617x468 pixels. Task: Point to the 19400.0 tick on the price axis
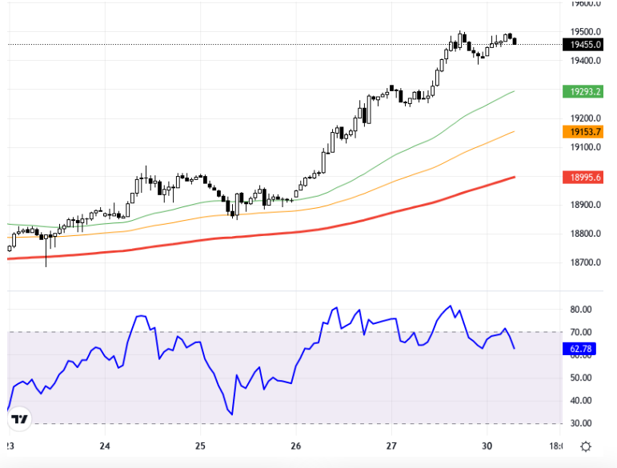pos(587,61)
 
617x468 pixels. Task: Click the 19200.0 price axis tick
pos(587,118)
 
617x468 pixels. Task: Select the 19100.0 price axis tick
pos(587,147)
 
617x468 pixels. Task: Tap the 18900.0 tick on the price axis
pos(587,205)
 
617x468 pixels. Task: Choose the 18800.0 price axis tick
pos(587,234)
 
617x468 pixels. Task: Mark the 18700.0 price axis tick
pos(587,262)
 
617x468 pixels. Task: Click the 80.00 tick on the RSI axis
pos(581,310)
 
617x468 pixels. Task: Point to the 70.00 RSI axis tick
pos(581,332)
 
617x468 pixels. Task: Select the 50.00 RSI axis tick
pos(581,378)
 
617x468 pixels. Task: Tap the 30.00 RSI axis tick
pos(581,423)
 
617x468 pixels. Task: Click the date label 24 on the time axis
pos(105,446)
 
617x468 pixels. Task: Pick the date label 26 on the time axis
pos(296,446)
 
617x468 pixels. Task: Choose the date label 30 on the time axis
pos(487,446)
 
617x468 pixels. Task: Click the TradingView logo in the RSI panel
pos(21,418)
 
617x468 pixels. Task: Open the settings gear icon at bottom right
pos(586,446)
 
